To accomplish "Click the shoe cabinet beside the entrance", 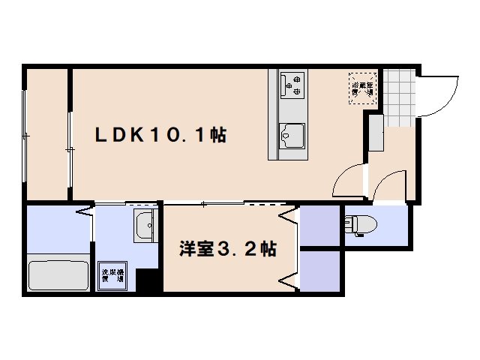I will point(375,135).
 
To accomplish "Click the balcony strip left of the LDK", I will point(46,135).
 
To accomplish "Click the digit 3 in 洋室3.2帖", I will point(223,249).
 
